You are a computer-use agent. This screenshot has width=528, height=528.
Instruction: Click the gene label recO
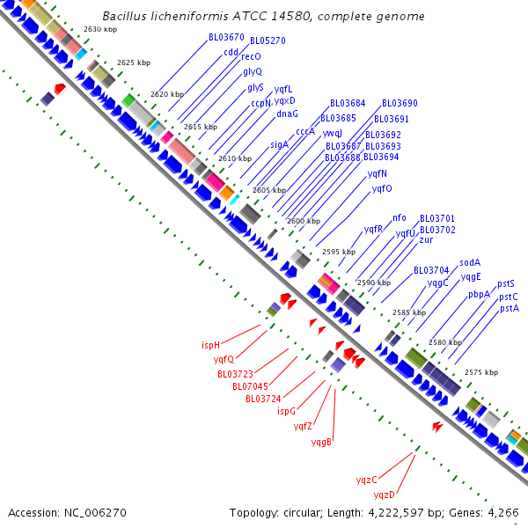[251, 56]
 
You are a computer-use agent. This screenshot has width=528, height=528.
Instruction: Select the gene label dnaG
[287, 113]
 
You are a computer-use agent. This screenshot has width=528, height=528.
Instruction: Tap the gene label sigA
[279, 143]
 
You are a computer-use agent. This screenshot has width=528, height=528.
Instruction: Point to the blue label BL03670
[226, 38]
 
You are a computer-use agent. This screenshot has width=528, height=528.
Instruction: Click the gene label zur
[426, 239]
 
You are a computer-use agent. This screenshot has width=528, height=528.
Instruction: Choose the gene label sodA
[470, 262]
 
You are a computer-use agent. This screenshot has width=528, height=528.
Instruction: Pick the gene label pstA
[509, 308]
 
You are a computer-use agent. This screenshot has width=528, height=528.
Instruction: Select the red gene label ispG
[286, 411]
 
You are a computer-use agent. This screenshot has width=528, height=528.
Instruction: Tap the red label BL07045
[250, 386]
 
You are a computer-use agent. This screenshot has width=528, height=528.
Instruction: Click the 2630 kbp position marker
[99, 29]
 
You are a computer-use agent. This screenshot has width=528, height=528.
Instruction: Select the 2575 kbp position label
[480, 372]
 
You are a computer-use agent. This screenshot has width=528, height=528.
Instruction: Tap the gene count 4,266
[503, 512]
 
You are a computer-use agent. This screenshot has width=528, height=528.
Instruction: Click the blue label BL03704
[431, 270]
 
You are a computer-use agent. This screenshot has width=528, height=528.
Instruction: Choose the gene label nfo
[400, 217]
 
